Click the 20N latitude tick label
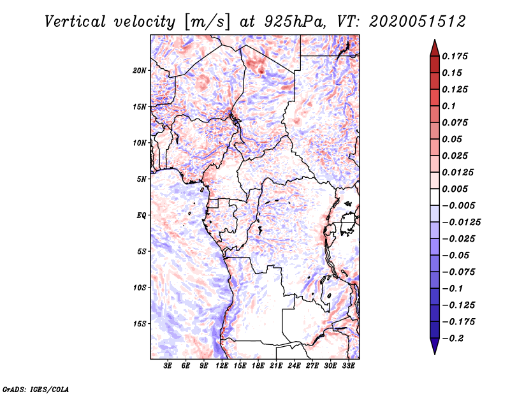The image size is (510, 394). coord(140,70)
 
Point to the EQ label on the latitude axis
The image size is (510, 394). coord(141,215)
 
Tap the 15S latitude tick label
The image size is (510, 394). coord(140,323)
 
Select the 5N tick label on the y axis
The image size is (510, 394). coord(142,179)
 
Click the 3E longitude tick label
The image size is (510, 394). coord(168,366)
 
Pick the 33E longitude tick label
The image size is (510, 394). coord(349,366)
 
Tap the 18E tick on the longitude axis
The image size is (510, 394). coord(258,366)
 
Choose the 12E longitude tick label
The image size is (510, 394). coord(222,366)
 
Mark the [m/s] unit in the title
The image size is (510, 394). coord(205,22)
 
